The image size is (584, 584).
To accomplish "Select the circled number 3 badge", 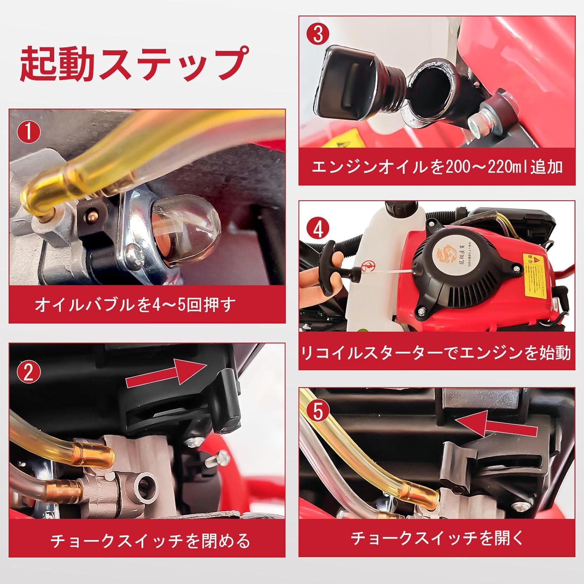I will tap(318, 33).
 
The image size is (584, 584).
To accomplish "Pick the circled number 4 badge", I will tap(318, 229).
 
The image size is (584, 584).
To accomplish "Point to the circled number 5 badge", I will tap(318, 411).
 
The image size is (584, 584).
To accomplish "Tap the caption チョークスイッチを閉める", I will tap(150, 541).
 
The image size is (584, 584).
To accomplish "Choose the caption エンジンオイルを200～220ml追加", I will tap(437, 167).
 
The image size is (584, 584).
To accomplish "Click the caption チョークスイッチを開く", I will tap(437, 538).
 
